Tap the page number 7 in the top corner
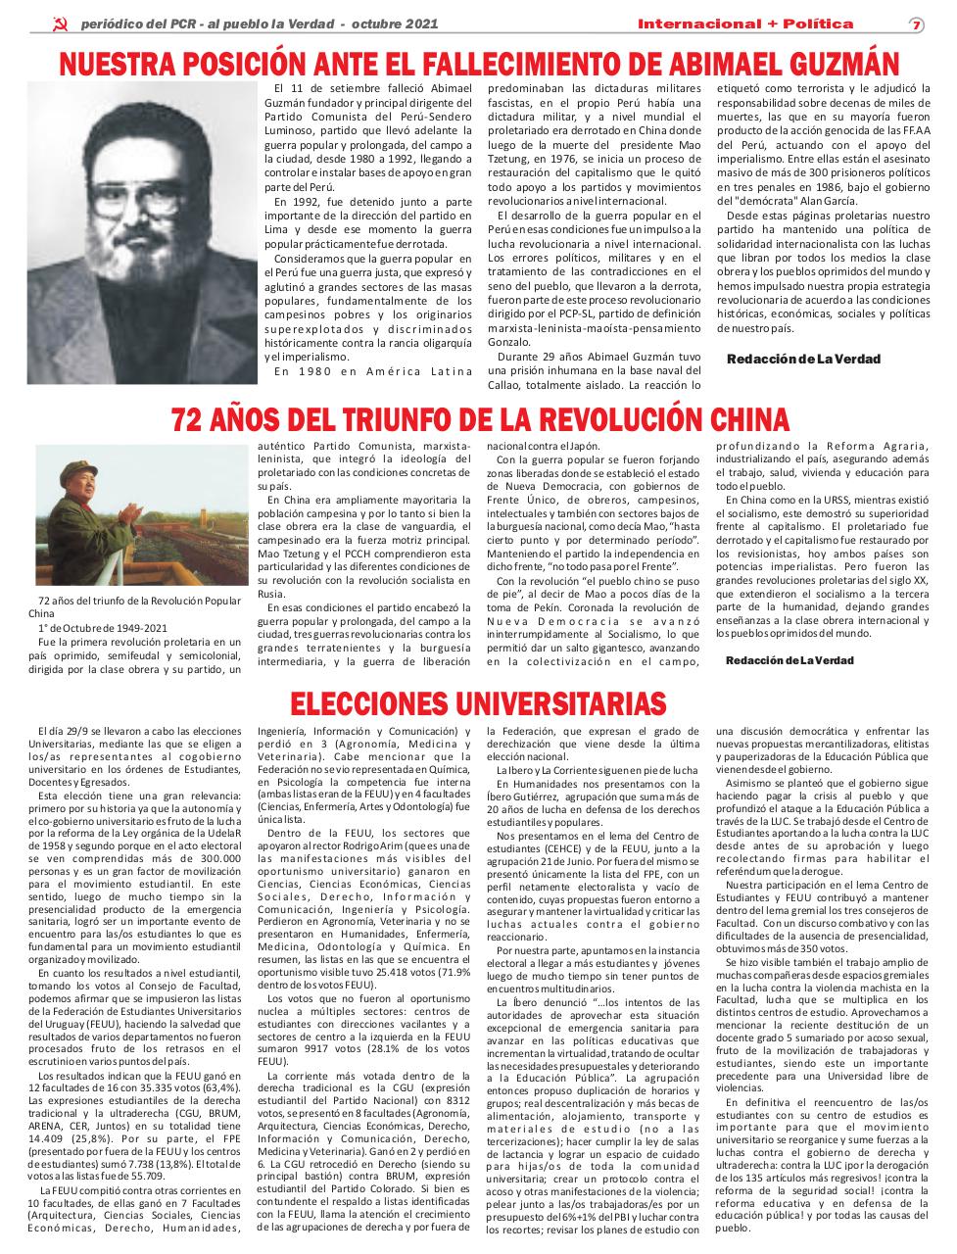[916, 24]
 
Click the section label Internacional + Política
[744, 24]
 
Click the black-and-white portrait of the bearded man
[141, 233]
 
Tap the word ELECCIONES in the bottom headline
[370, 702]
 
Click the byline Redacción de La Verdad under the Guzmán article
[802, 360]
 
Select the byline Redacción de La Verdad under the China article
[789, 660]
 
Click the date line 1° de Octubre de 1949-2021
[102, 627]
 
